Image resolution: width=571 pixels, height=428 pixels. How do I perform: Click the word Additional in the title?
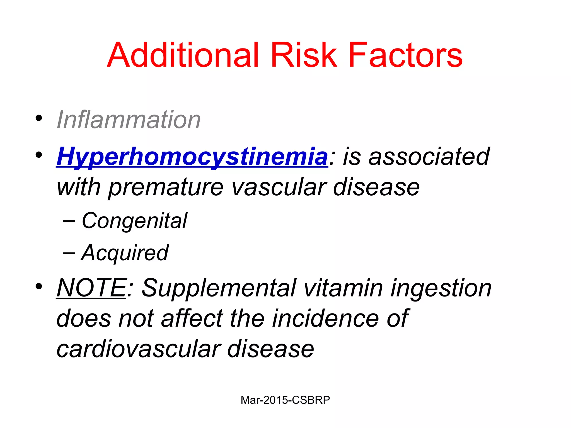(183, 55)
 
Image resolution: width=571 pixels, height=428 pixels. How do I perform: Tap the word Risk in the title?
(304, 55)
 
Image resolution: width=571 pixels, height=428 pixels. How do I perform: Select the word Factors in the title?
(405, 55)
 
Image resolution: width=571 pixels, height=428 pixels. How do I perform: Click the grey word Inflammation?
(129, 120)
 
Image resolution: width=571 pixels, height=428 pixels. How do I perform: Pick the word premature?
(166, 187)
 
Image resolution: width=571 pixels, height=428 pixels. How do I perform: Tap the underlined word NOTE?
(91, 288)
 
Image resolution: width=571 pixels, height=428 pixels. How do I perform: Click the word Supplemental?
(219, 288)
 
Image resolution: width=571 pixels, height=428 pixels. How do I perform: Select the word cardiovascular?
(139, 349)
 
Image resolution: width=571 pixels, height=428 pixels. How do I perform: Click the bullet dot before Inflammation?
(39, 118)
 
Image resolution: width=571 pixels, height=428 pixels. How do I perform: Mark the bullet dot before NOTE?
(39, 286)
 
